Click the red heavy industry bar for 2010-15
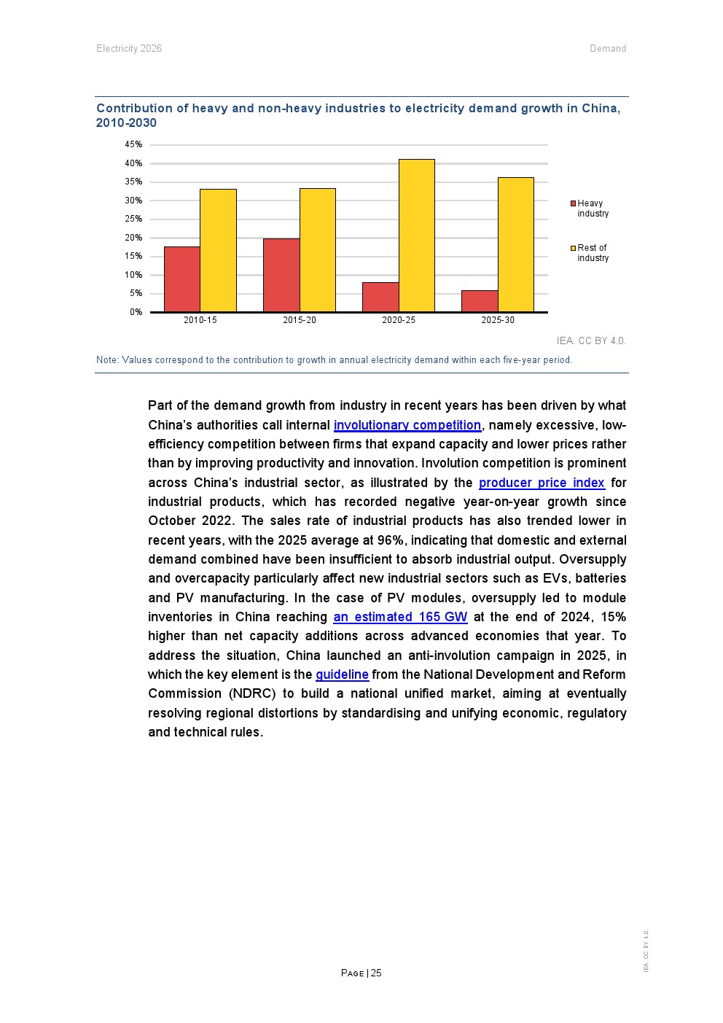tap(182, 279)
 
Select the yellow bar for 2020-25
tap(417, 236)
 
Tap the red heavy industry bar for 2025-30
tap(480, 301)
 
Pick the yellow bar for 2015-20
tap(318, 250)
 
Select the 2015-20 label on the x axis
tap(300, 320)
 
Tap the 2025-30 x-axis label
tap(498, 320)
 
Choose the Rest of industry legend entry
tap(592, 253)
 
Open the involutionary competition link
tap(407, 425)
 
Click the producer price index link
tap(542, 483)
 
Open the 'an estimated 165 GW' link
tap(400, 617)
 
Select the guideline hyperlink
tap(342, 674)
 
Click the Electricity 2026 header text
tap(129, 49)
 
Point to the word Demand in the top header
tap(608, 49)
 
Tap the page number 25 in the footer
tap(376, 973)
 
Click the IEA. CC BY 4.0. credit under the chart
tap(591, 341)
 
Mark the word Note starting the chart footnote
tap(106, 360)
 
